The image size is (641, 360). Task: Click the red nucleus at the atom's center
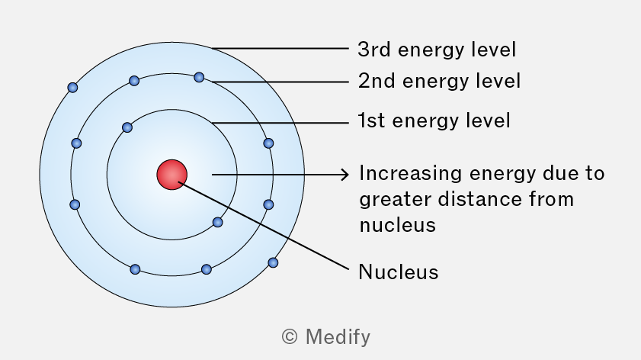pos(172,175)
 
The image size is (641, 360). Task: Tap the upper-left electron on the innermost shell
pos(127,127)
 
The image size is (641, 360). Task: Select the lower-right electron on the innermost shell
pos(218,222)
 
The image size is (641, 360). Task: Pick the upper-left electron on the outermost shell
pos(72,87)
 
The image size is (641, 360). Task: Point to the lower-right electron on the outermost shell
pos(273,262)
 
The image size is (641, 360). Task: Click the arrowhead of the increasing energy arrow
pos(345,175)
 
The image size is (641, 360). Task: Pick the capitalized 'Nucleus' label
pos(399,272)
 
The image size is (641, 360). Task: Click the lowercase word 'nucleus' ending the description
pos(398,226)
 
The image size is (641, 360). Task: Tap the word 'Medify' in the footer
pos(338,337)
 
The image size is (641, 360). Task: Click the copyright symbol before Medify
pos(290,337)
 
